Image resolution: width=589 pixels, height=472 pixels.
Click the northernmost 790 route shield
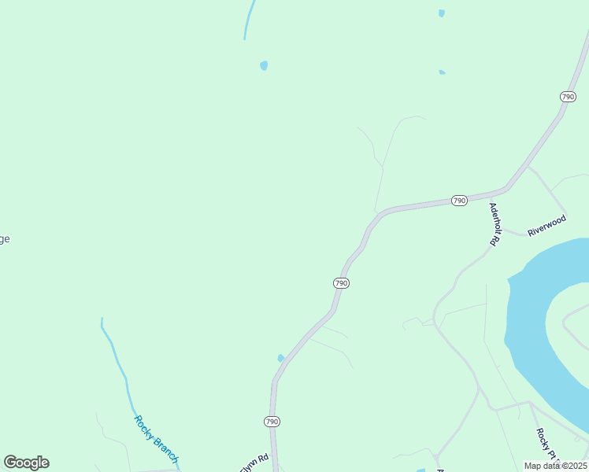(568, 96)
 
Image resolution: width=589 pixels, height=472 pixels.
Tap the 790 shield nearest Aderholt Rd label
(459, 201)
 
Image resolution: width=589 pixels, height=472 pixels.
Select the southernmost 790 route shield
(272, 422)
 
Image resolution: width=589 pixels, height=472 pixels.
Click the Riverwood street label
(546, 226)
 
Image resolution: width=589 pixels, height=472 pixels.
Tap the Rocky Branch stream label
(156, 439)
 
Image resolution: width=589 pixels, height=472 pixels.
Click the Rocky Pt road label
(543, 445)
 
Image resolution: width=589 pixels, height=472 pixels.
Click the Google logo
(26, 463)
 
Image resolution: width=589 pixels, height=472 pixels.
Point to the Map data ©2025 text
(555, 466)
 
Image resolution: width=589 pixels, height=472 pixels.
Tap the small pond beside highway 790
(281, 358)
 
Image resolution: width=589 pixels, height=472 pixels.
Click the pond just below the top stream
(264, 65)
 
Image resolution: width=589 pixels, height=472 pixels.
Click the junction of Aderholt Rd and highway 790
(509, 189)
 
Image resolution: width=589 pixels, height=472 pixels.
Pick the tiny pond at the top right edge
(442, 13)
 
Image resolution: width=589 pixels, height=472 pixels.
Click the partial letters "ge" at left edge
(5, 240)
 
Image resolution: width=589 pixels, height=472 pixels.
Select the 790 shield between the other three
(341, 283)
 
